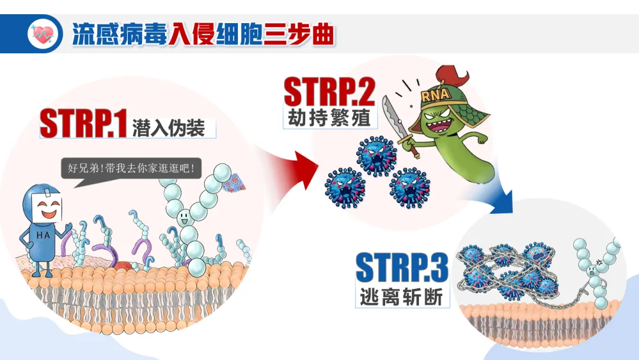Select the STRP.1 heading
pos(83,124)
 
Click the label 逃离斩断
pos(401,296)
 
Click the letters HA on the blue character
pos(43,235)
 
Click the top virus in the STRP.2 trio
pos(376,155)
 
